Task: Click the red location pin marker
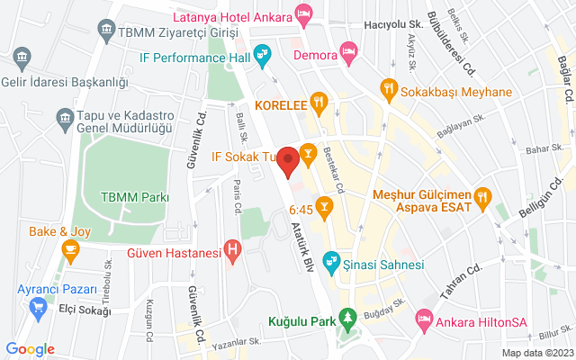(x=288, y=161)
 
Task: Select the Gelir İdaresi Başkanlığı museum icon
(x=20, y=60)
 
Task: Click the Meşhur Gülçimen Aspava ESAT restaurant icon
(x=482, y=195)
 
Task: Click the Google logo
(x=30, y=349)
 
